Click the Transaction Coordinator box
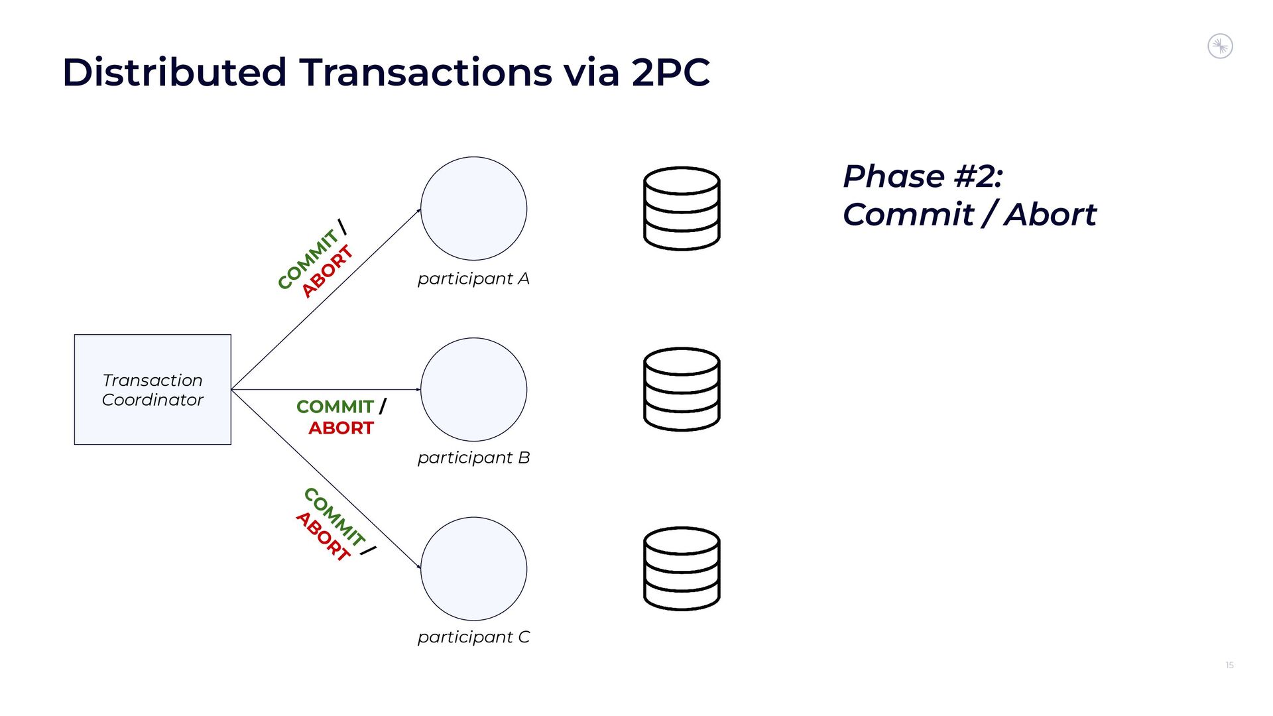click(x=152, y=389)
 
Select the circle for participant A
click(x=473, y=208)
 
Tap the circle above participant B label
click(x=473, y=389)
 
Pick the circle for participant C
click(x=473, y=569)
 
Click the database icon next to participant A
click(x=682, y=208)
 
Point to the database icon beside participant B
click(x=682, y=389)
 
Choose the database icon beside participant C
click(x=682, y=569)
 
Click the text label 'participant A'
click(x=473, y=278)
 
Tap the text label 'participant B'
click(x=473, y=457)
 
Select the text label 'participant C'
click(x=473, y=637)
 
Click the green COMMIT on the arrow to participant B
click(x=335, y=406)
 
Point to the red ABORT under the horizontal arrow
click(x=341, y=428)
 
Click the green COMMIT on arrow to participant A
click(x=308, y=259)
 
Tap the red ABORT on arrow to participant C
click(x=323, y=536)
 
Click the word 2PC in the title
click(x=670, y=72)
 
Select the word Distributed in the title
click(x=174, y=72)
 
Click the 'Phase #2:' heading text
click(x=922, y=176)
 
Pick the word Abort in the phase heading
click(x=1050, y=215)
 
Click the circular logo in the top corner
click(x=1220, y=46)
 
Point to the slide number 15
click(x=1229, y=665)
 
